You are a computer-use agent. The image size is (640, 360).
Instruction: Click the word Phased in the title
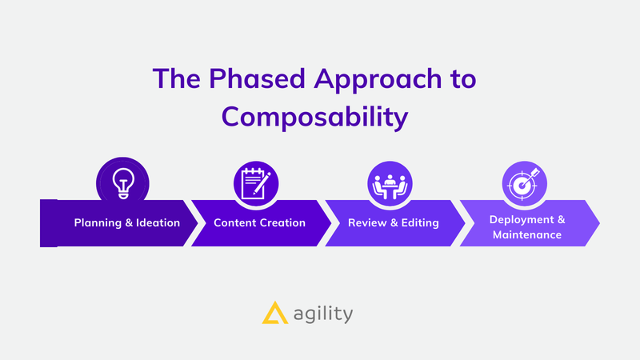coord(257,78)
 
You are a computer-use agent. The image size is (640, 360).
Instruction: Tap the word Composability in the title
coord(314,117)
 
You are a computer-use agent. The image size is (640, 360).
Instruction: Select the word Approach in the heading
coord(378,79)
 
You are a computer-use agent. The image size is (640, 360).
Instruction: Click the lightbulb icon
coord(123,183)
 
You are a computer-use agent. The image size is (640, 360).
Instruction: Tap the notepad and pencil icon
coord(255,183)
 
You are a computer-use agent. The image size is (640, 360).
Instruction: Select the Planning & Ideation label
coord(127,223)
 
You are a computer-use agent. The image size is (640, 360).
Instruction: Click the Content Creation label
coord(259,223)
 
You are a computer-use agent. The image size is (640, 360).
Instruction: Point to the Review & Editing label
coord(394,223)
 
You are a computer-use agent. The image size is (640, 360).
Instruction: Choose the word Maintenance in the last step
coord(527,234)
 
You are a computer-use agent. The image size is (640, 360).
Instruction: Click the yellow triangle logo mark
coord(274,313)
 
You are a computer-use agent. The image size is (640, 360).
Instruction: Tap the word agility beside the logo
coord(323,314)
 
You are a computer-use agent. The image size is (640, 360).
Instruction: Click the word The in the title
coord(176,78)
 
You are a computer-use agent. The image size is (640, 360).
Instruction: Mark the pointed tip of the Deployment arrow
coord(599,223)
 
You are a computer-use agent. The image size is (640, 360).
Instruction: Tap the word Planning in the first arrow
coord(98,223)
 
